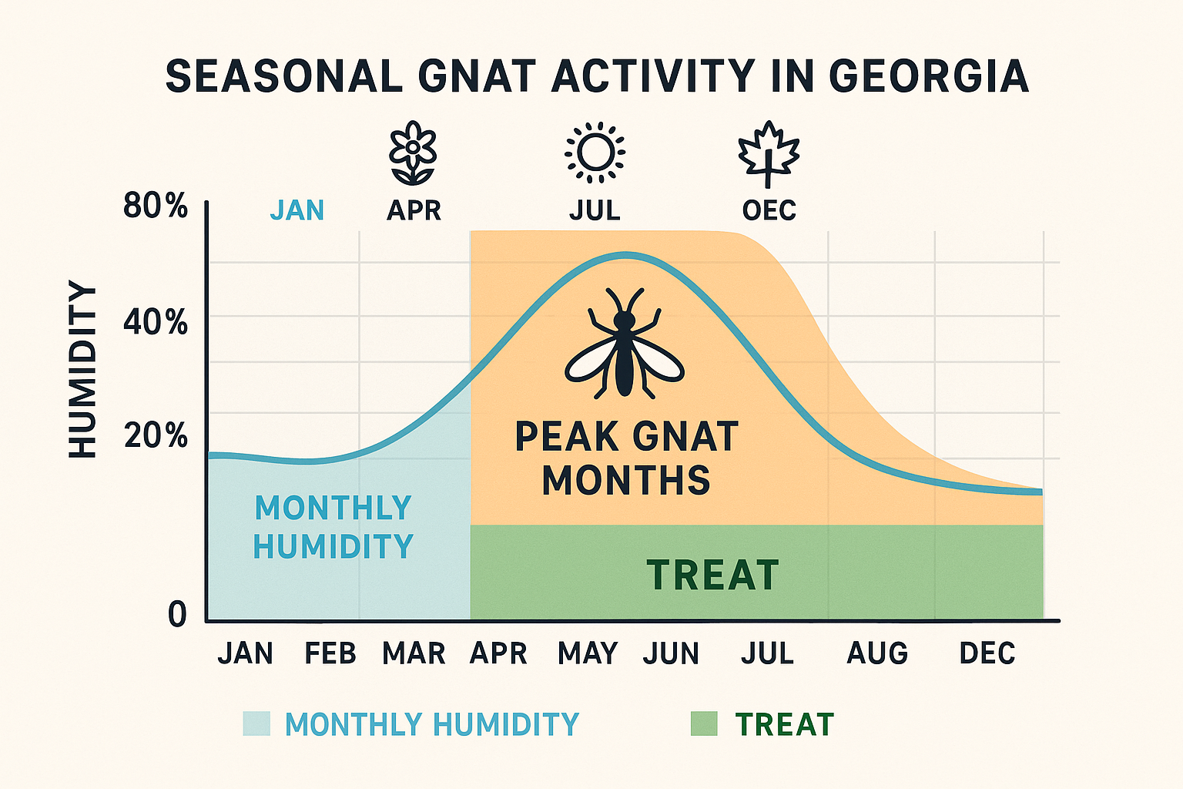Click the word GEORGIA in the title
(929, 76)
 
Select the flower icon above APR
(413, 153)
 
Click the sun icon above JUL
(595, 153)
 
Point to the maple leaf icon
(769, 153)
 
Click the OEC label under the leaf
(769, 210)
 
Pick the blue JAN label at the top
(297, 210)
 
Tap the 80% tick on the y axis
(156, 206)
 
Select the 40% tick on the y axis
(156, 322)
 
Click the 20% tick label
(156, 436)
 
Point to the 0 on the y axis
(177, 614)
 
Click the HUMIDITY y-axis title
(83, 370)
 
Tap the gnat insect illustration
(624, 343)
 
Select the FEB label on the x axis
(330, 653)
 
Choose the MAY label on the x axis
(588, 653)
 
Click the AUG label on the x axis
(877, 653)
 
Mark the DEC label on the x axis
(987, 653)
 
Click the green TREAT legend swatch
(704, 724)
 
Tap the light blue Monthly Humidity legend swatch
(256, 724)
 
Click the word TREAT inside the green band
(712, 576)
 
